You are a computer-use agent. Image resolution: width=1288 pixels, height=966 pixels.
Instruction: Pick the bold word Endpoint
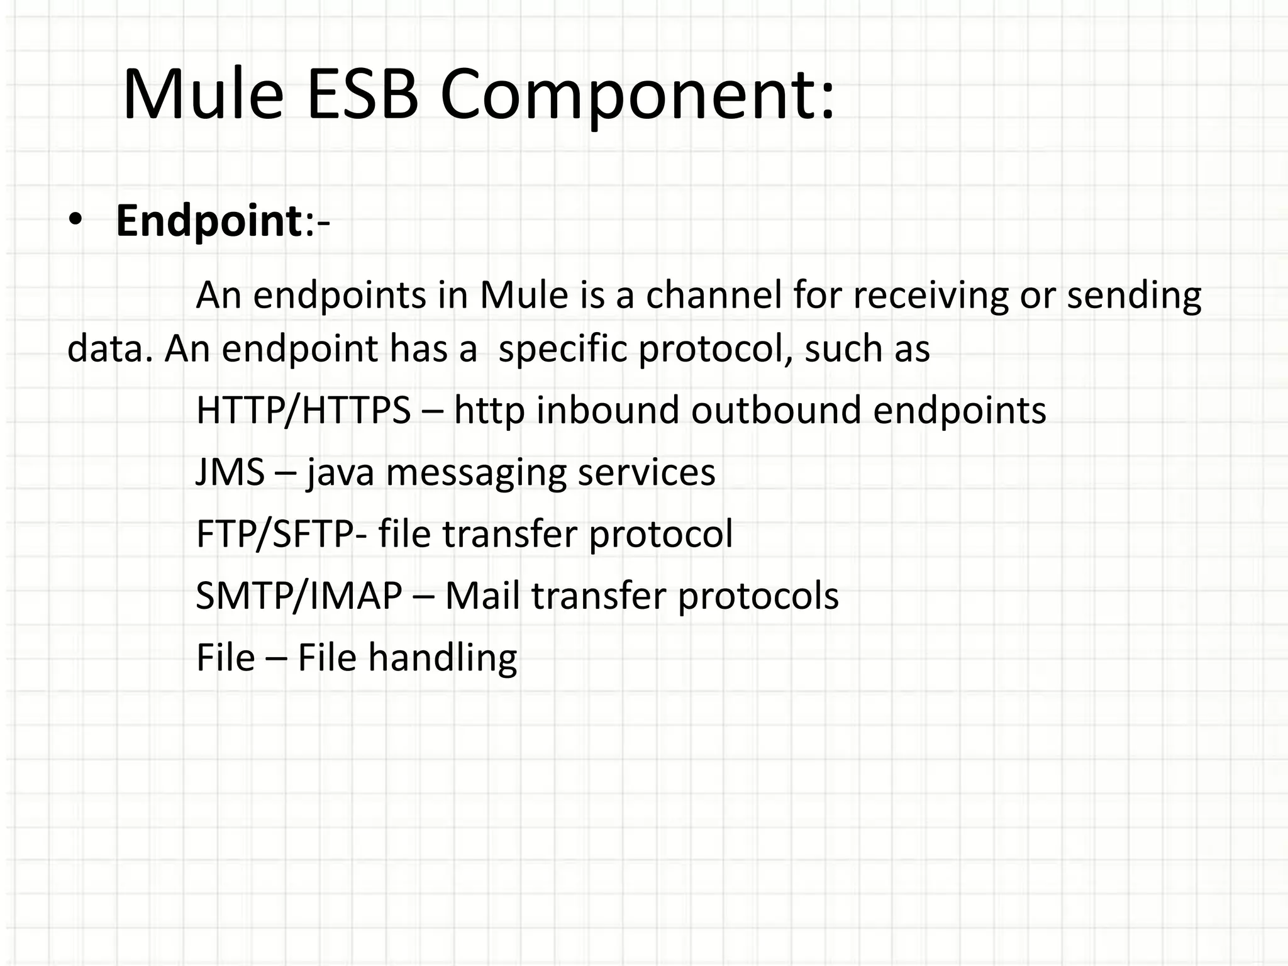pos(209,222)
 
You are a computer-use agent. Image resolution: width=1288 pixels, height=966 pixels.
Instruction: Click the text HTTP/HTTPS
pos(304,410)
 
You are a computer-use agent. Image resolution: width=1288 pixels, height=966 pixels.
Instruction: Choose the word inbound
pos(608,410)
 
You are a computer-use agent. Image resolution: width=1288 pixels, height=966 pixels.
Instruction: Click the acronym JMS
pos(230,472)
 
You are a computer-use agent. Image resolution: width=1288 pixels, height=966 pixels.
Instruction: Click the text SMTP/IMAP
pos(299,596)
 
